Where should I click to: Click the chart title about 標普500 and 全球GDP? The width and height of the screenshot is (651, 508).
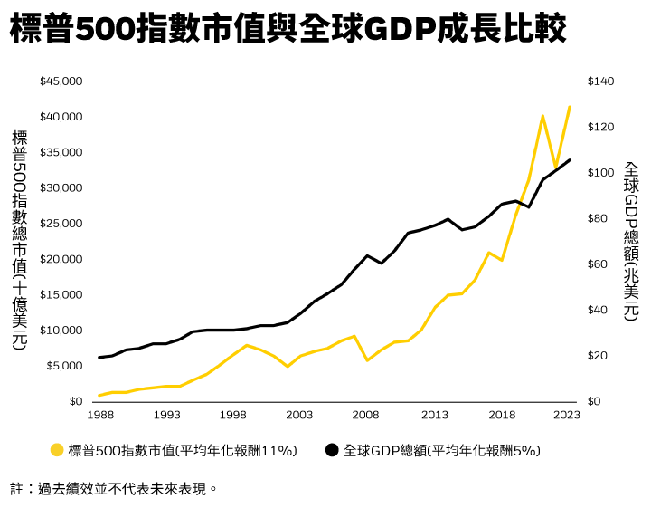click(288, 30)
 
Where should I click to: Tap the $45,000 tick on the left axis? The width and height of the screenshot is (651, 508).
click(61, 81)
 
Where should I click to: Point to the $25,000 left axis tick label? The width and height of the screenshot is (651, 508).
click(61, 224)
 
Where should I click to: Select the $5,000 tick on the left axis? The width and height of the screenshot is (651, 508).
click(63, 366)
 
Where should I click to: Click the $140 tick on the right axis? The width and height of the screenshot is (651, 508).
click(600, 81)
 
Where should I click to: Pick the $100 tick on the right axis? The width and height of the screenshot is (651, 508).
click(600, 173)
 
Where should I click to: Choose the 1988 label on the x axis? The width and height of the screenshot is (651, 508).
click(99, 415)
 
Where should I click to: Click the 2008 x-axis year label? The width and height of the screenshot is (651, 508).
click(367, 415)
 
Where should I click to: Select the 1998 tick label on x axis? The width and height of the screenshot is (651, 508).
click(233, 415)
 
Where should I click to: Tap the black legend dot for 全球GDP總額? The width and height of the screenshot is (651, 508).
click(332, 450)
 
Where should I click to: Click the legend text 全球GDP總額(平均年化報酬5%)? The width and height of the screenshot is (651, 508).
click(441, 450)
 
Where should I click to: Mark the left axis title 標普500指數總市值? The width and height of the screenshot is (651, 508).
click(20, 239)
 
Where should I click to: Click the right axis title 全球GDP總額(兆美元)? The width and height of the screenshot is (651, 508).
click(631, 241)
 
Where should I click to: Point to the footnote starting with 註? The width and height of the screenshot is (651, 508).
click(114, 489)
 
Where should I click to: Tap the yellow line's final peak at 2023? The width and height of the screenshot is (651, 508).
click(569, 107)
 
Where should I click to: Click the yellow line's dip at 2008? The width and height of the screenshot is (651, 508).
click(367, 360)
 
